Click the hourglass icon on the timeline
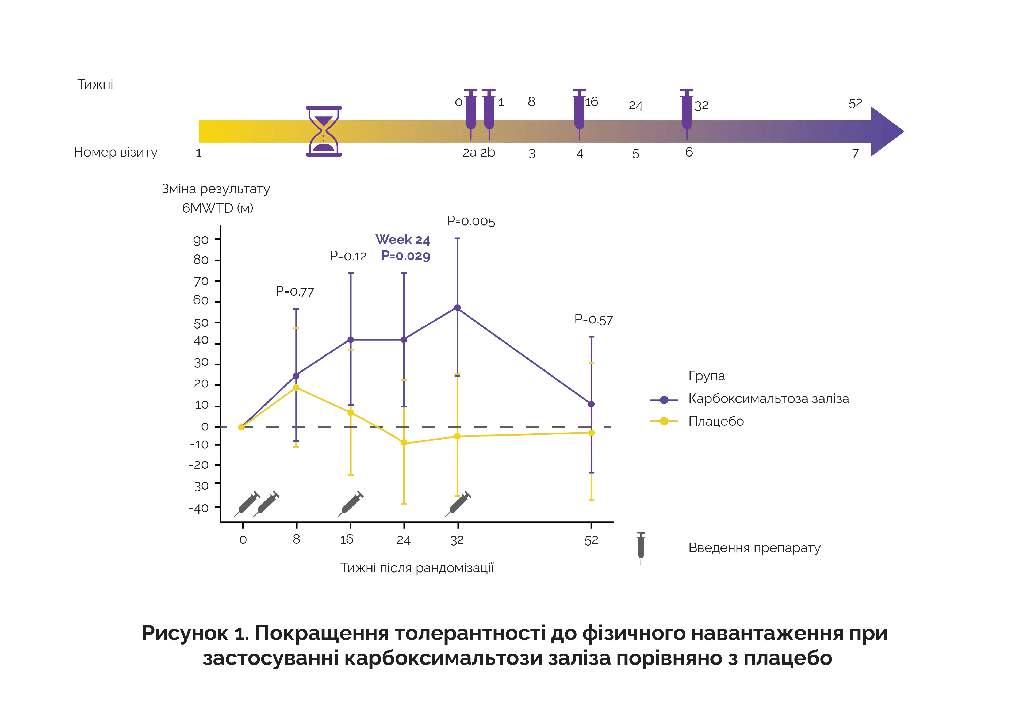click(324, 131)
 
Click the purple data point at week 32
click(457, 308)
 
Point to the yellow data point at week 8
click(296, 388)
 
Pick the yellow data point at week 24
click(404, 443)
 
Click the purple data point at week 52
click(591, 404)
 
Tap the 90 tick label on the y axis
click(201, 241)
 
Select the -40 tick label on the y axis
click(199, 508)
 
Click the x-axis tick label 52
click(591, 540)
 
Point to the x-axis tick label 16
click(347, 540)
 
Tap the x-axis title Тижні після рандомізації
click(417, 568)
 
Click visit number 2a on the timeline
click(469, 153)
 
